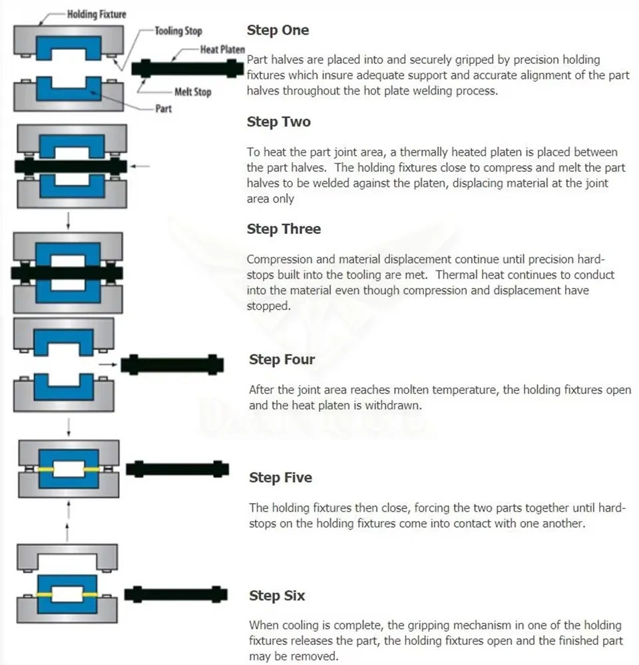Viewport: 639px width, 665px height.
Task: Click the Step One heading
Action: click(x=278, y=30)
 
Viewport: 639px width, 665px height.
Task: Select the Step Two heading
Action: click(x=278, y=122)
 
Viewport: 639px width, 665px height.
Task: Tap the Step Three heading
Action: click(x=284, y=229)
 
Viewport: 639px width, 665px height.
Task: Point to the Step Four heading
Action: click(x=282, y=360)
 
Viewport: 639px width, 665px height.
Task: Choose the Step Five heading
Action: click(x=280, y=478)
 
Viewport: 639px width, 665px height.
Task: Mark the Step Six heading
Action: click(x=277, y=596)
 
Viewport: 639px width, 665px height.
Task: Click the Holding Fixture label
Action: click(x=97, y=14)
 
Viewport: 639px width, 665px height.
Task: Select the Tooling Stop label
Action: click(x=178, y=31)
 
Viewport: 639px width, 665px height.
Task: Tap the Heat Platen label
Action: click(x=222, y=50)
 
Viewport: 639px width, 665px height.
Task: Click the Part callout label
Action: click(x=163, y=108)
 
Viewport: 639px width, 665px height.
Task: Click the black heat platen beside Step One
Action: click(x=188, y=68)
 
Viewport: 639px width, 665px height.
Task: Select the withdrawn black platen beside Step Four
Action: click(x=172, y=364)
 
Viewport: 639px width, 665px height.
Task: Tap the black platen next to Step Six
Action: click(x=176, y=593)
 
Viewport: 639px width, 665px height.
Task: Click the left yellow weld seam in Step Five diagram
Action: click(x=46, y=469)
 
